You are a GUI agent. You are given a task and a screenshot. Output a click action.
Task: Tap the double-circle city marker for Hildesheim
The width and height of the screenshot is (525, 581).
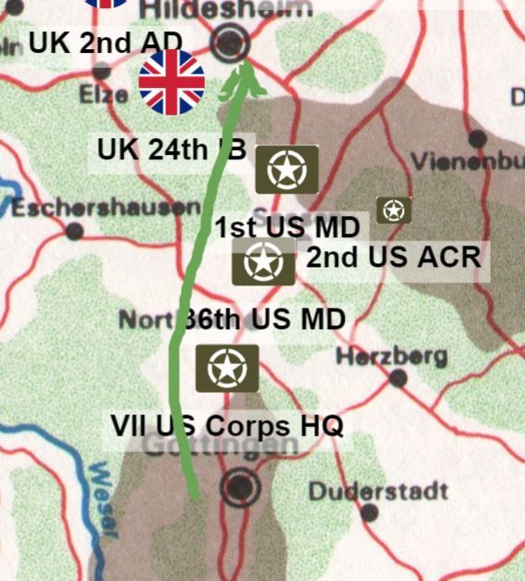click(x=231, y=43)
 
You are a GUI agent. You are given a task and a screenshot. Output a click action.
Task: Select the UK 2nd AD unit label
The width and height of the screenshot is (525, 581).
click(x=117, y=42)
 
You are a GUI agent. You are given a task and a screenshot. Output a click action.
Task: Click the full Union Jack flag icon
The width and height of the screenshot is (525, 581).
click(x=172, y=82)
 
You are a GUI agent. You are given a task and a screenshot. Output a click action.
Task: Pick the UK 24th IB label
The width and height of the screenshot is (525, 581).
click(x=172, y=149)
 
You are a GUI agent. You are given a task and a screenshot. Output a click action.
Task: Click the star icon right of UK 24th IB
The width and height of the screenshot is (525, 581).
click(x=287, y=170)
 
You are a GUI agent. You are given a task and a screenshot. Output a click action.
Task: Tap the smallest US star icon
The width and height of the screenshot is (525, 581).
click(x=394, y=210)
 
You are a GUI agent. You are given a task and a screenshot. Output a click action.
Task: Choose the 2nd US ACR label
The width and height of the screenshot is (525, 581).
click(x=394, y=257)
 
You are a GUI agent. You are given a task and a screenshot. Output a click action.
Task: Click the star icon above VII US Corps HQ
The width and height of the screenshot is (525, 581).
click(x=226, y=369)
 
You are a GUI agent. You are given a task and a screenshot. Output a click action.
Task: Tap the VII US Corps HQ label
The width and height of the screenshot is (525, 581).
click(x=226, y=426)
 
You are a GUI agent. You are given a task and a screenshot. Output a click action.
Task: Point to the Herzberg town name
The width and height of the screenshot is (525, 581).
click(x=391, y=356)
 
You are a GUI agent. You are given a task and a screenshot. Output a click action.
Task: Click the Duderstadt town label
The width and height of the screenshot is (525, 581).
click(x=378, y=491)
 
